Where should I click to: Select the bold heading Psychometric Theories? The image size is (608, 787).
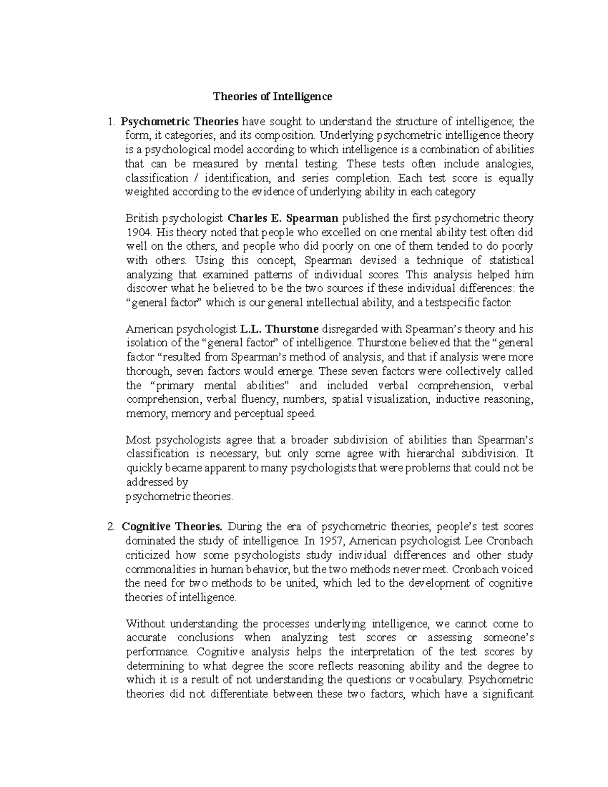pyautogui.click(x=179, y=122)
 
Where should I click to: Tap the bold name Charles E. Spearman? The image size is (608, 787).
pyautogui.click(x=283, y=218)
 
